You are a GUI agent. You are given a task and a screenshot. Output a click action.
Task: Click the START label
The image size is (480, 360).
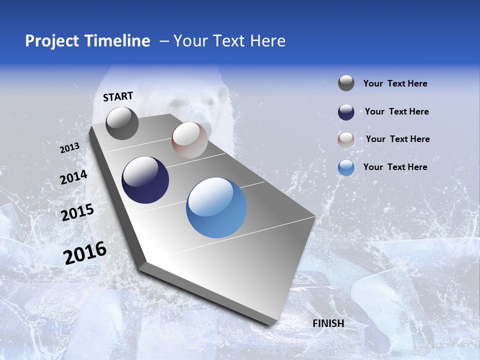click(118, 96)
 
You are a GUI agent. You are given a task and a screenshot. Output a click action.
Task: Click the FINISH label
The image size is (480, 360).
click(328, 323)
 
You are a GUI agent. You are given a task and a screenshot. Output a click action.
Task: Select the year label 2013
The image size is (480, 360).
click(70, 148)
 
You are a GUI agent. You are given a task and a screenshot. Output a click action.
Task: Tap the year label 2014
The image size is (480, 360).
click(73, 177)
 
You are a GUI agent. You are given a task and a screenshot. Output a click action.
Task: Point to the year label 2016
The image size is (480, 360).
click(85, 252)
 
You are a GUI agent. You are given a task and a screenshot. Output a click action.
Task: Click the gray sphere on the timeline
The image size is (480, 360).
click(122, 123)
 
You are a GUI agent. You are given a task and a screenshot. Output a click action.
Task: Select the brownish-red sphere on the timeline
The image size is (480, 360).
click(189, 139)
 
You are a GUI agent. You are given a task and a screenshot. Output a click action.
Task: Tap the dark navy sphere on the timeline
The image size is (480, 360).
click(145, 180)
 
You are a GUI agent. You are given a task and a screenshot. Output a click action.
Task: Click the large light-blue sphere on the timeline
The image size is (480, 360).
click(216, 207)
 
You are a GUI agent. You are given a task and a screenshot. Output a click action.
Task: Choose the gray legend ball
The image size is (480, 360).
click(346, 83)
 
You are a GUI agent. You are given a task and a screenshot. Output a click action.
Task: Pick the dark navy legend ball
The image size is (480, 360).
click(346, 111)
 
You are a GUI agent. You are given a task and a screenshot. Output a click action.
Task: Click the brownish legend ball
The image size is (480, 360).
click(346, 139)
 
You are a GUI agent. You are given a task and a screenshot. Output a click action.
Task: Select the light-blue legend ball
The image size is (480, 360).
click(346, 167)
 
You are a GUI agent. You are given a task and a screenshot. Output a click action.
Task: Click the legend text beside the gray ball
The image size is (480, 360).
click(395, 83)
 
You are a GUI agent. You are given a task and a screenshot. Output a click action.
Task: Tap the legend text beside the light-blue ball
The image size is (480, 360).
click(395, 167)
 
